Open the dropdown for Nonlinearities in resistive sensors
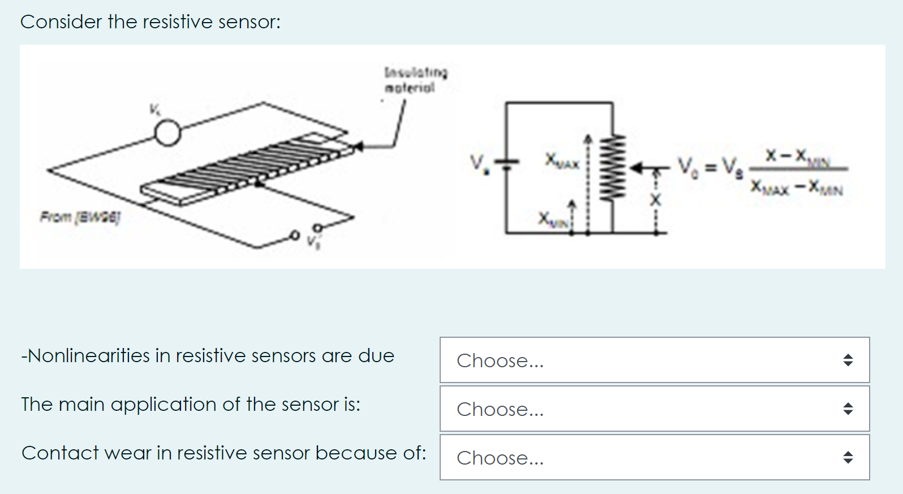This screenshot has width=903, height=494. pos(654,360)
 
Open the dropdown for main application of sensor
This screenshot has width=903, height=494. pos(654,409)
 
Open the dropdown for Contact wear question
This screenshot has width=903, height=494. pos(654,458)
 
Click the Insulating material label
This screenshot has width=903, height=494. pos(415,80)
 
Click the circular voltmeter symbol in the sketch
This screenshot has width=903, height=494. pos(167,134)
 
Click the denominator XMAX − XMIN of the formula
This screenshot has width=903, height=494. pos(796,187)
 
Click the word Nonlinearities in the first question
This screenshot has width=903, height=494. pos(88,355)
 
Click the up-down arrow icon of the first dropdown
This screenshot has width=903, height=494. pos(848,360)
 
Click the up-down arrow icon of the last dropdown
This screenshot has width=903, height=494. pos(848,458)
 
